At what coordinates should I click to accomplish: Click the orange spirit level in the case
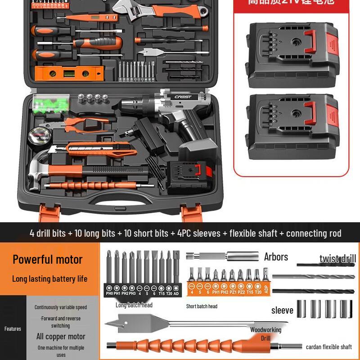(69, 72)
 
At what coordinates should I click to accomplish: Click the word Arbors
(276, 257)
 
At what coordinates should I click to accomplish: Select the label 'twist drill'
(337, 258)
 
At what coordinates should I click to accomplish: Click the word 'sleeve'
(282, 310)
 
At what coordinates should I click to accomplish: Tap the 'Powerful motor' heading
(48, 259)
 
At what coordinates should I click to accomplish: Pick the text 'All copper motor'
(61, 336)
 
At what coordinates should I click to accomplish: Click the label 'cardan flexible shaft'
(328, 347)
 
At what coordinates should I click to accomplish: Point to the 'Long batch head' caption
(134, 305)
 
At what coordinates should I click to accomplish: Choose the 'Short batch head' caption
(202, 306)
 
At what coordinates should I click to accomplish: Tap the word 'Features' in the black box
(13, 329)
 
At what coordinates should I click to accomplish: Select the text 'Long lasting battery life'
(49, 279)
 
